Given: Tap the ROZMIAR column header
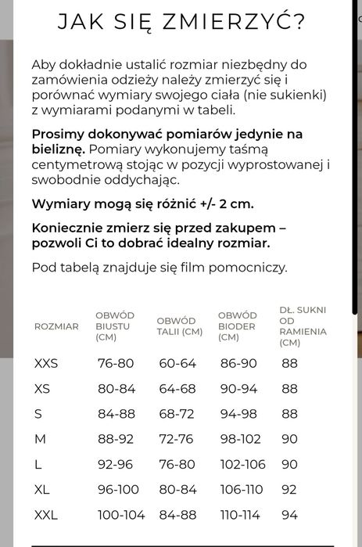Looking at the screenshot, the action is (56, 326).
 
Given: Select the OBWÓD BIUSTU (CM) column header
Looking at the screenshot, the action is (115, 326).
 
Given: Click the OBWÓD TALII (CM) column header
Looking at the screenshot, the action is (179, 326).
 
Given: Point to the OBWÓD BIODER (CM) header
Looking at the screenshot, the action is (238, 326).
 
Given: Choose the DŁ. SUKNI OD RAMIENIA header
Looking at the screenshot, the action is (303, 326).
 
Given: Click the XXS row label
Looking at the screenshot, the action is (46, 363).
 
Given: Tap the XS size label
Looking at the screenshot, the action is (42, 389).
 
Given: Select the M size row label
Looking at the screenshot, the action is (40, 439).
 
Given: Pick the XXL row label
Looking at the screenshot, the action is (46, 515).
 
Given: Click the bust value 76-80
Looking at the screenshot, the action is (116, 363).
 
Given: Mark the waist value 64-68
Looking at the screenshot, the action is (177, 389).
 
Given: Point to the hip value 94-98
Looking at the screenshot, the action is (238, 414).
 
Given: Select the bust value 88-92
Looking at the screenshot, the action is (116, 439).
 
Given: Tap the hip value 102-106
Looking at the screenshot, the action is (242, 464).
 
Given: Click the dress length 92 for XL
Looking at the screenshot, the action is (289, 489).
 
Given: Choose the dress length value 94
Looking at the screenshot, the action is (289, 515).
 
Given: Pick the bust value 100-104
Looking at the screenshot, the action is (121, 515).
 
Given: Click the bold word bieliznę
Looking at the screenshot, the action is (58, 149).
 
